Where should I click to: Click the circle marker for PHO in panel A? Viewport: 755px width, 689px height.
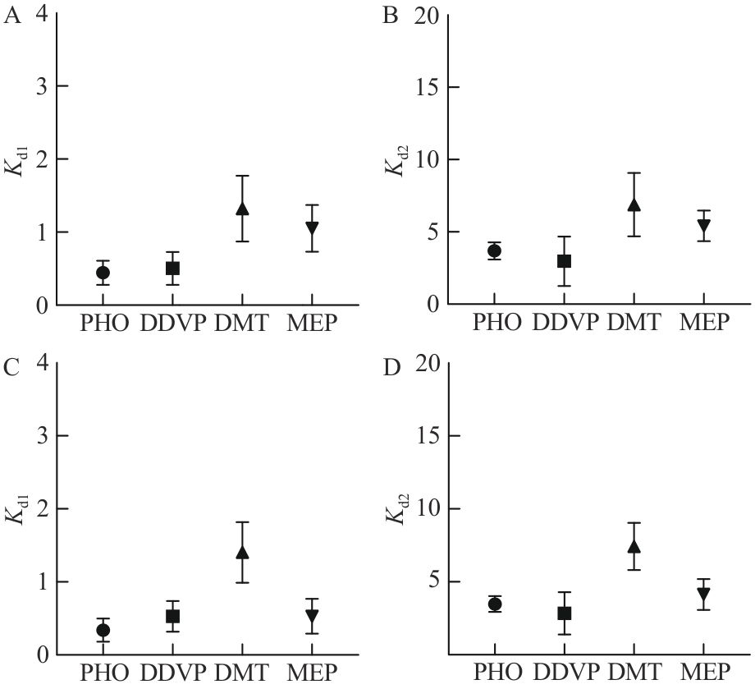103,273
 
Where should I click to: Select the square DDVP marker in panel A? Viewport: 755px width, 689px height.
172,268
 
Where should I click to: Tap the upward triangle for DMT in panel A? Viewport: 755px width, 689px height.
242,209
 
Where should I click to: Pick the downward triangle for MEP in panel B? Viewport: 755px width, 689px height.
702,226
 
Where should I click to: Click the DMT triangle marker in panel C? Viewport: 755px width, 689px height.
242,552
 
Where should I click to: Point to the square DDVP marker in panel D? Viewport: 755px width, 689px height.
564,613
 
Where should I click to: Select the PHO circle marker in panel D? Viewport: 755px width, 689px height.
494,604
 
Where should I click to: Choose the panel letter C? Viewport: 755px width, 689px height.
12,368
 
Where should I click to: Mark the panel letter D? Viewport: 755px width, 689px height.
391,368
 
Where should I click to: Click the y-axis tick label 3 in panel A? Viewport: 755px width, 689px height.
40,87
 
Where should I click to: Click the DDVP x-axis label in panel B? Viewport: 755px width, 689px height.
564,323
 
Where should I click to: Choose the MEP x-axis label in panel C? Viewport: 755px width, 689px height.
312,673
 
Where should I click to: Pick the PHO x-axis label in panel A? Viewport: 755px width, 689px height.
103,323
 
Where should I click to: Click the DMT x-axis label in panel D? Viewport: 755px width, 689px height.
633,673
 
